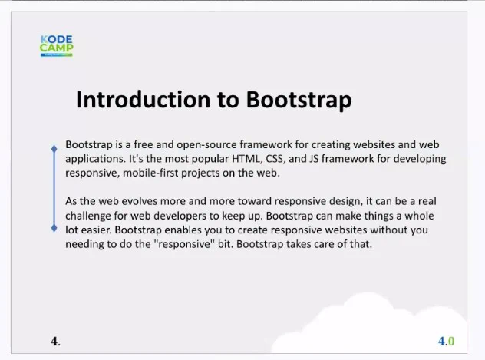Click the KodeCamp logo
(x=57, y=46)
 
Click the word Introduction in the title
(x=144, y=100)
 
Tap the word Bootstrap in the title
(x=299, y=101)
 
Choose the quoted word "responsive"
(x=184, y=244)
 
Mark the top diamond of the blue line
(x=54, y=149)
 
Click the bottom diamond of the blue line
(x=54, y=229)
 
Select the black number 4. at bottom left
(x=56, y=342)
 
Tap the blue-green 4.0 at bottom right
(x=447, y=342)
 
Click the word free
(x=144, y=145)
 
